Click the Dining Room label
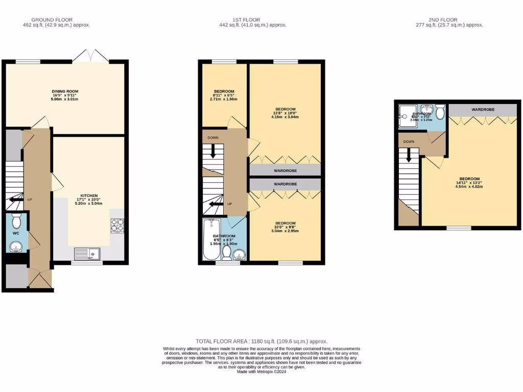point(65,91)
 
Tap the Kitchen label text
point(89,195)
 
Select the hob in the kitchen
point(117,225)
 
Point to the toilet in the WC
point(16,221)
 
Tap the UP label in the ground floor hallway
point(30,200)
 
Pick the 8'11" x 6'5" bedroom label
point(224,92)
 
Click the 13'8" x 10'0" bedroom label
point(285,109)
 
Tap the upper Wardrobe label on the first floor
point(285,170)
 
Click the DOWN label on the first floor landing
point(212,138)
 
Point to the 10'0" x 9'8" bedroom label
point(285,223)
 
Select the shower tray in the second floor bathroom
point(409,117)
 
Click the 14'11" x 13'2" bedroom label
point(469,179)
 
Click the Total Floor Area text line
point(261,341)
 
